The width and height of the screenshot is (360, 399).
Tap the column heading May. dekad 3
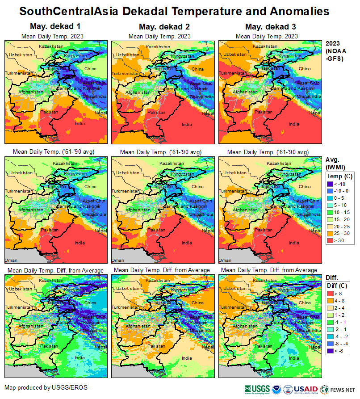point(271,27)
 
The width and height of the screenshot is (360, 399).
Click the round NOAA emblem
point(276,389)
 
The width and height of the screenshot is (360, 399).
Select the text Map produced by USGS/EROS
point(46,387)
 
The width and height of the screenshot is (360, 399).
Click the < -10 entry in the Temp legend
point(339,183)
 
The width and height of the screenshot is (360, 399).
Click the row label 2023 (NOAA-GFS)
point(335,51)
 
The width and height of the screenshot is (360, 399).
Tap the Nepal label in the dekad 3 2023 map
point(315,113)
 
